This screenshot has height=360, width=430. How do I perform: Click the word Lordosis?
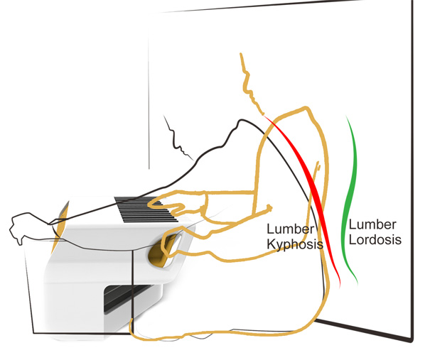pyautogui.click(x=375, y=239)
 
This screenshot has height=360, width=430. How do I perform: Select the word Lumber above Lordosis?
pyautogui.click(x=370, y=224)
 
